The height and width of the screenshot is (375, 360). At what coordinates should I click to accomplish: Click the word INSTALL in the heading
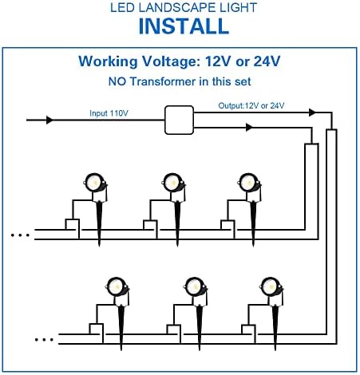[184, 26]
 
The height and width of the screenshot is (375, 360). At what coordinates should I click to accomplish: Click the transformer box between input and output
[179, 120]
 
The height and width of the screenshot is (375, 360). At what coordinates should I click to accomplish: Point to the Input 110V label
[109, 113]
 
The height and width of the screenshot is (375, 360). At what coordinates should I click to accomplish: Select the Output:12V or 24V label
[251, 106]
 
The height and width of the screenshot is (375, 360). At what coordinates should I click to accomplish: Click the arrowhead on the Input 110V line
[49, 120]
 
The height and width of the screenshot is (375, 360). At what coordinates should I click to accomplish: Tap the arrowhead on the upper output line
[312, 112]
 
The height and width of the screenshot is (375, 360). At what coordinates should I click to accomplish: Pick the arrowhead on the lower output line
[249, 128]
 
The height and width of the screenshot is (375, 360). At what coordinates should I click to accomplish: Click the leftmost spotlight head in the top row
[95, 184]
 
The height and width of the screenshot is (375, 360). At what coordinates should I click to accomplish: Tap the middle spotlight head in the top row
[173, 184]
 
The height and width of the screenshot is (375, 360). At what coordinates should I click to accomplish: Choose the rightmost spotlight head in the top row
[249, 184]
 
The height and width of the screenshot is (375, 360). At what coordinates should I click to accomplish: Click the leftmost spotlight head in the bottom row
[117, 287]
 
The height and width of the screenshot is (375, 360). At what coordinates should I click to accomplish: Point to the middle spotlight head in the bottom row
[195, 287]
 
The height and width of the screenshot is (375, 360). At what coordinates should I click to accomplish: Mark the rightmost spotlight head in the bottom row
[271, 287]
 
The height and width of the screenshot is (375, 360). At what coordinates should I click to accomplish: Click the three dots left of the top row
[20, 235]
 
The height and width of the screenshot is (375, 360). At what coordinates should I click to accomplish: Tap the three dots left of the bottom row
[44, 340]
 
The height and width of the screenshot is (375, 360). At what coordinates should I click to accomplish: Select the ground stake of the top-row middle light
[177, 223]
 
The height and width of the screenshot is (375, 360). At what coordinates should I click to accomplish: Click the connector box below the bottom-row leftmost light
[96, 329]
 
